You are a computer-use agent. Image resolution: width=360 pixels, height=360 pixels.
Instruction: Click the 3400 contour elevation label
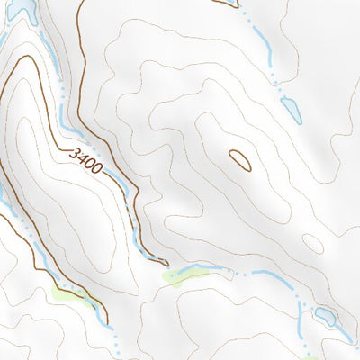pyautogui.click(x=87, y=160)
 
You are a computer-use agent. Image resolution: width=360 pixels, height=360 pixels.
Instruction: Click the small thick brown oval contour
pyautogui.click(x=239, y=160)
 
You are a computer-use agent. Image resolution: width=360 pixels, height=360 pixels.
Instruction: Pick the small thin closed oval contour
pyautogui.click(x=312, y=243)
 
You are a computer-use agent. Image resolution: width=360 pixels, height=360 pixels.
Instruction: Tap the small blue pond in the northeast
pyautogui.click(x=290, y=109)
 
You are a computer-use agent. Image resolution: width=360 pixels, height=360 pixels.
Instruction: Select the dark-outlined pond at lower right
pyautogui.click(x=326, y=316)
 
